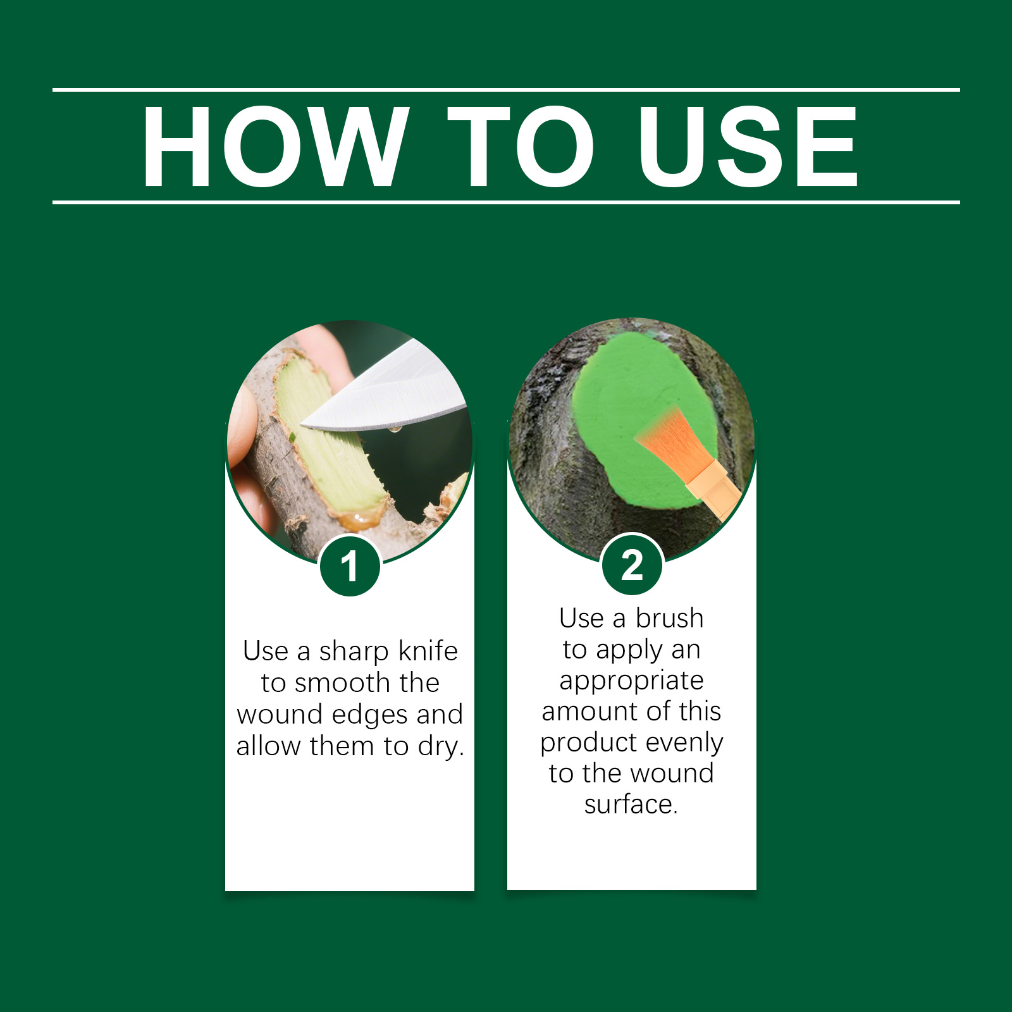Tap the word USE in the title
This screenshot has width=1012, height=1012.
(748, 147)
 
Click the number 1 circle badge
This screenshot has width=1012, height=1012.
(350, 565)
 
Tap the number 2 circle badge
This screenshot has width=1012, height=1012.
(632, 564)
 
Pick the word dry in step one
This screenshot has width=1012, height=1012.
(441, 747)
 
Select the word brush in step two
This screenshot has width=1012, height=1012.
(669, 618)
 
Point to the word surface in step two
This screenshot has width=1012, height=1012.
(631, 805)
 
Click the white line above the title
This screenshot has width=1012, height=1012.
(506, 90)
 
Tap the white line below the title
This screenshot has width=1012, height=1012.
(506, 202)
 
